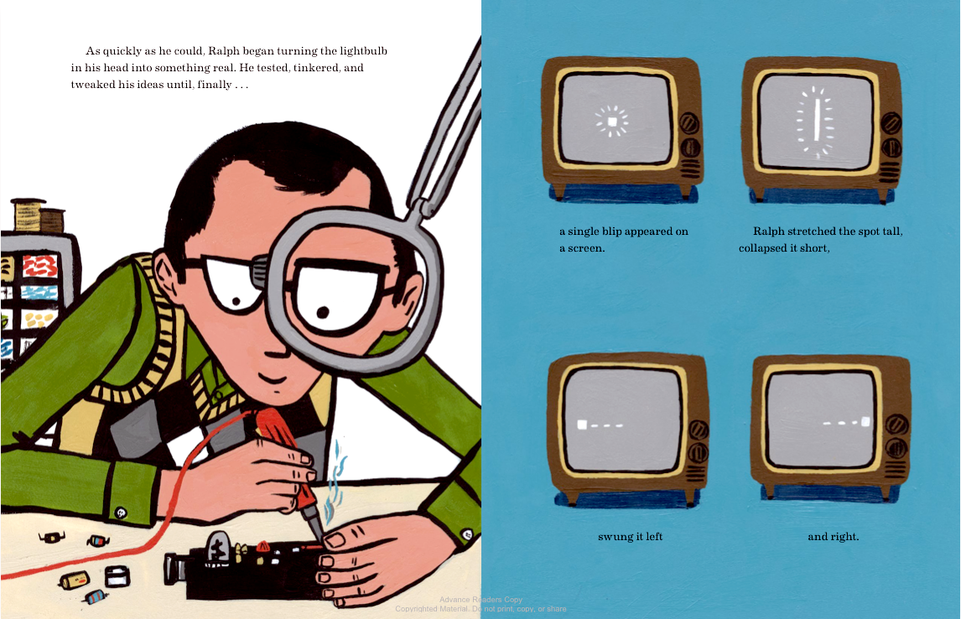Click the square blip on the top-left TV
611,122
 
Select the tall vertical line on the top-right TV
817,122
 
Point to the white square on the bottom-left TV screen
582,424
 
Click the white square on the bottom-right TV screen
865,421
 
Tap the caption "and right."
833,537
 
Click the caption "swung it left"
630,537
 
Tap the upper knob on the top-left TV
688,123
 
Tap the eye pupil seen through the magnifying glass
323,313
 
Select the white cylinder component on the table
117,575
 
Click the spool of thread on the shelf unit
29,215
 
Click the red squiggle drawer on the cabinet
40,266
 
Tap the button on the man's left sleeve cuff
121,512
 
